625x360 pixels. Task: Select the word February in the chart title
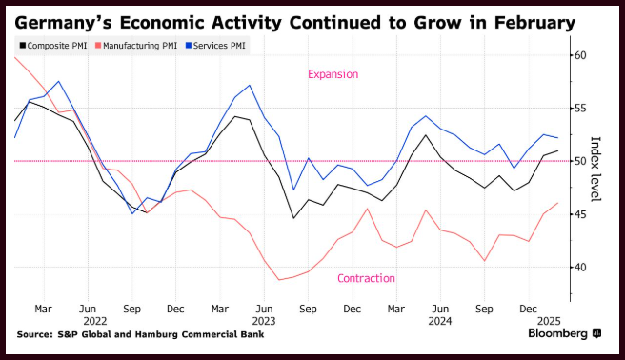pos(534,23)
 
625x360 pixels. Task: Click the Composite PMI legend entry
pos(53,46)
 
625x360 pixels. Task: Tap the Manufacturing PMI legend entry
pos(136,46)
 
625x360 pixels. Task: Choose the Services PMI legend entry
pos(215,46)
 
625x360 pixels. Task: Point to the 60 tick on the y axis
pos(580,55)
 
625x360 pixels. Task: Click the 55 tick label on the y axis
pos(580,109)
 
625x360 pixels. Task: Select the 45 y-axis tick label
pos(580,214)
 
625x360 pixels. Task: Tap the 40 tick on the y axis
pos(580,268)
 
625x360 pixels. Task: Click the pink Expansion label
pos(333,74)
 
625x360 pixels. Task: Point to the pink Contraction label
pos(366,278)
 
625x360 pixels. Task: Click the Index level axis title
pos(595,169)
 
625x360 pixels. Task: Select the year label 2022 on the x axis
pos(95,321)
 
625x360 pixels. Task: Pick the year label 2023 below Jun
pos(264,321)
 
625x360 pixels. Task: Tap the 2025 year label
pos(549,321)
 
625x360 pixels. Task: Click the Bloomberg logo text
pos(557,333)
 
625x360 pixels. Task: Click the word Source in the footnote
pos(34,334)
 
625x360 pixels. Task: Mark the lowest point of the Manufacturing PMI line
pos(279,280)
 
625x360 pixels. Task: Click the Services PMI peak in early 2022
pos(59,81)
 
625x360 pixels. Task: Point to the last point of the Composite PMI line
pos(558,150)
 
